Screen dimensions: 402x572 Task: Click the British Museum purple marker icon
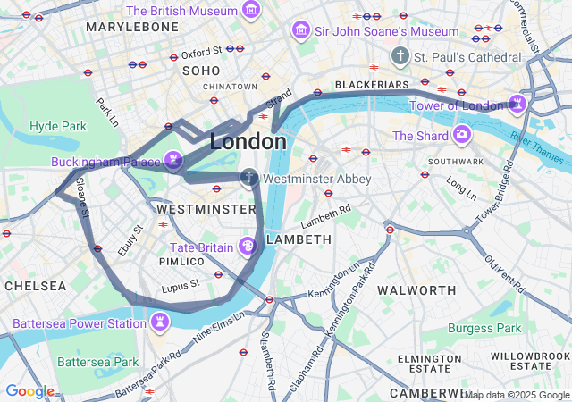tap(252, 12)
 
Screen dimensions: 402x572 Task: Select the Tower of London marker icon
tap(517, 105)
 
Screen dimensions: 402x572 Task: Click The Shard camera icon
tap(462, 135)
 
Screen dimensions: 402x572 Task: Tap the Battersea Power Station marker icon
tap(160, 322)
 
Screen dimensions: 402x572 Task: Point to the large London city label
tap(248, 141)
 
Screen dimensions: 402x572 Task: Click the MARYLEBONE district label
tap(132, 28)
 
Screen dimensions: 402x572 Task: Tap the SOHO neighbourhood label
tap(201, 70)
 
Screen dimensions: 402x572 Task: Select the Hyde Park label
tap(57, 126)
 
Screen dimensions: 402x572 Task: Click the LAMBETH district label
tap(299, 239)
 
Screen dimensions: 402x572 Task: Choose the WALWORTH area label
tap(416, 290)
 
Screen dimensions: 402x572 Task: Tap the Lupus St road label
tap(180, 288)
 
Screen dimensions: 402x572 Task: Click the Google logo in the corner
tap(29, 391)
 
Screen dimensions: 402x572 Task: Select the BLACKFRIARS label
tap(370, 85)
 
